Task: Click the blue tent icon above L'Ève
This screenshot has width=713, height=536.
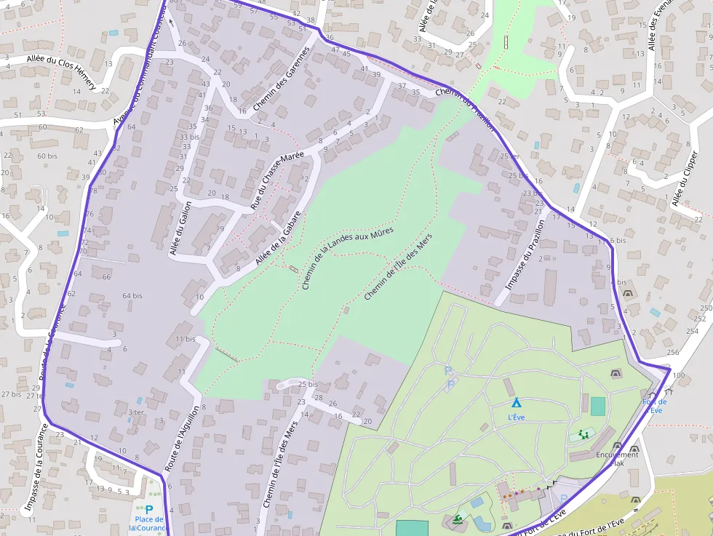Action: [516, 402]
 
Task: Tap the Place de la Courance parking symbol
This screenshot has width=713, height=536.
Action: [149, 511]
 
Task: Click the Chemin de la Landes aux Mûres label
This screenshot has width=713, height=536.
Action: [347, 258]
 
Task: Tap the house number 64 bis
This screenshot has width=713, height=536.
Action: [132, 296]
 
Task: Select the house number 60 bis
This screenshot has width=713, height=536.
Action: [47, 156]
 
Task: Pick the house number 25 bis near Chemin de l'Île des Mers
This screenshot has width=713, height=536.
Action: [308, 384]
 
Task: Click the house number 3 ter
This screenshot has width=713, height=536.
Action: [136, 412]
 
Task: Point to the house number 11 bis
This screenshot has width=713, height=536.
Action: [185, 339]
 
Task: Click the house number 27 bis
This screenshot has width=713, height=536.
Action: [11, 394]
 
